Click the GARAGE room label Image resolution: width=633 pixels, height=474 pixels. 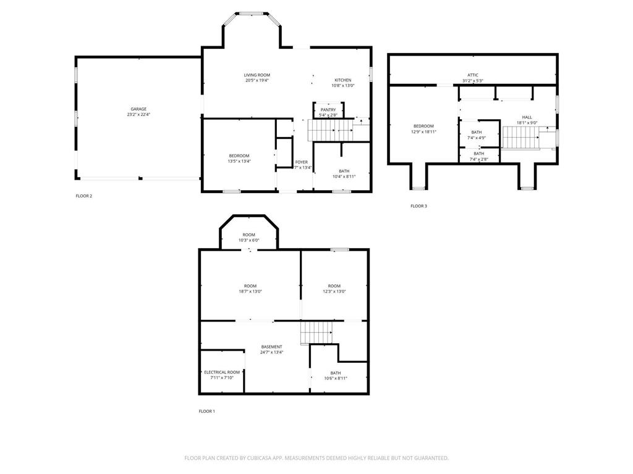[x=138, y=109]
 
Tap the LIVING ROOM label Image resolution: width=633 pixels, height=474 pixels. [x=257, y=75]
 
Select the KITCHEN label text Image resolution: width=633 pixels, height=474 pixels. [x=343, y=80]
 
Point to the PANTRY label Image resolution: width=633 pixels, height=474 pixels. [x=328, y=110]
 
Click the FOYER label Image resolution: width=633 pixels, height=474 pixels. [x=302, y=162]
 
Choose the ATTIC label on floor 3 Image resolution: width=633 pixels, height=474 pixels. [x=473, y=75]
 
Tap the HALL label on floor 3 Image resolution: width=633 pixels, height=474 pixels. [x=527, y=117]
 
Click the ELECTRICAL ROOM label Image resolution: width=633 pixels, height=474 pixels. [x=222, y=372]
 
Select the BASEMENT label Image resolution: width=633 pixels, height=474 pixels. [x=271, y=347]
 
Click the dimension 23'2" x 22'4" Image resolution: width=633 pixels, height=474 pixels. [x=138, y=115]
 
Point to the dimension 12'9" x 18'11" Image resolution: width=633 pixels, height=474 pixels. [x=424, y=131]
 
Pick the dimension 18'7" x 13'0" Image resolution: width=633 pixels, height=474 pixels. [x=250, y=291]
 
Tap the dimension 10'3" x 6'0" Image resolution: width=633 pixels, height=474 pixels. [x=249, y=240]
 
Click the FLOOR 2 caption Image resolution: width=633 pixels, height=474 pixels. [x=84, y=196]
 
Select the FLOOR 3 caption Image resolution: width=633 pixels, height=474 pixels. [x=418, y=206]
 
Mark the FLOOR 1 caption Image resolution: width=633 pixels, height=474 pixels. [x=206, y=411]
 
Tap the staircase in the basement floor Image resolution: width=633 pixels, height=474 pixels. [x=316, y=333]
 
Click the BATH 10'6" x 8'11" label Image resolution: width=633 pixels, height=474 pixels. [x=336, y=373]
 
